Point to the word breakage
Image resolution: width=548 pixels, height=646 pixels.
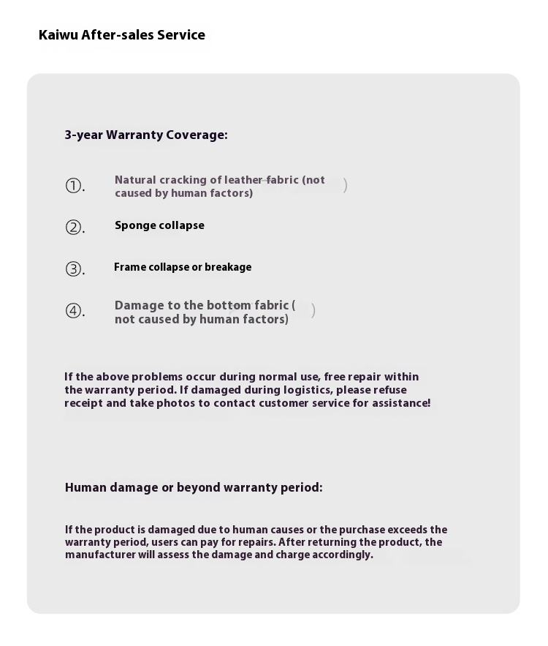[228, 267]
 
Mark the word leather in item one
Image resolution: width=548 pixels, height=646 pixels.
[243, 180]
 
